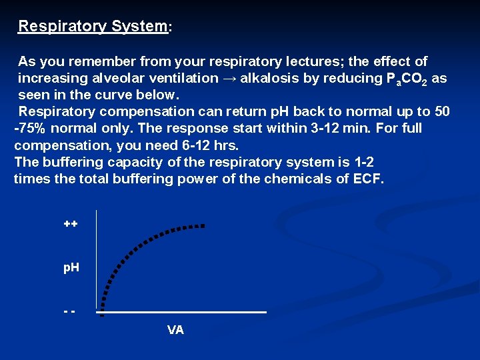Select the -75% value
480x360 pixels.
tap(31, 128)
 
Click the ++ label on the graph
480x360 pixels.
tap(71, 224)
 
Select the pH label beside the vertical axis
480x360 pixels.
tap(71, 267)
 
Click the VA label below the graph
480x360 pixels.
tap(176, 330)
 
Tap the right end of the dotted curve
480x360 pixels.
tap(202, 226)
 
